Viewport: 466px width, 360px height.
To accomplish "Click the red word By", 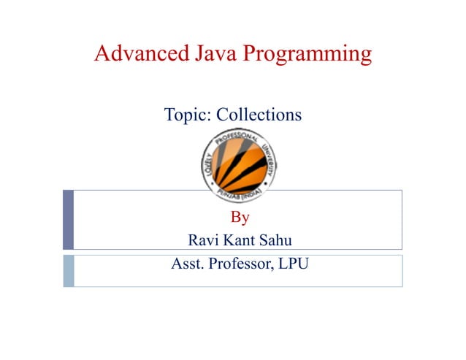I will (x=240, y=217).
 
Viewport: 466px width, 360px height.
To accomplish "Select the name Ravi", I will (x=202, y=240).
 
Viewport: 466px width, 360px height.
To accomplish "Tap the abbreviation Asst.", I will (x=186, y=264).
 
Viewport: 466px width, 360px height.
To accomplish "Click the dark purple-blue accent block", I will (x=68, y=220).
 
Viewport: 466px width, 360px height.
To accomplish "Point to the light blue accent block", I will (x=68, y=270).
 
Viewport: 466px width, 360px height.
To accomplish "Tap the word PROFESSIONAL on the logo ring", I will (x=238, y=138).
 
